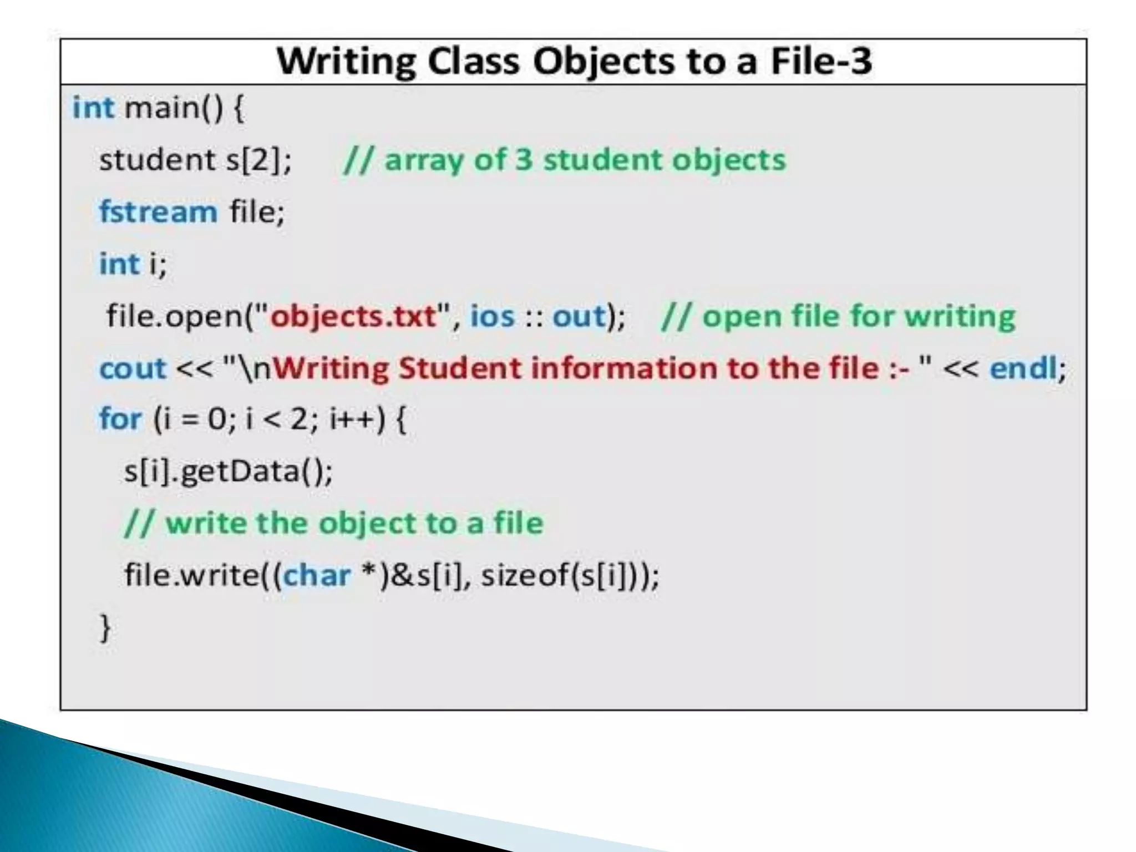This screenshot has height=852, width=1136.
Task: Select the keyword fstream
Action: pyautogui.click(x=158, y=212)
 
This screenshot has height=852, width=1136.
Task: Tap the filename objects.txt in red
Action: pyautogui.click(x=353, y=317)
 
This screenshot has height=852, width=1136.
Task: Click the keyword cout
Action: pyautogui.click(x=133, y=369)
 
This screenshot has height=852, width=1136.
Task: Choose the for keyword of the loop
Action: pyautogui.click(x=120, y=419)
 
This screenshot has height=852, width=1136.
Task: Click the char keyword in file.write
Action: pyautogui.click(x=317, y=575)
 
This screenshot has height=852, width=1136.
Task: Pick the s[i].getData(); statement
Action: pyautogui.click(x=228, y=471)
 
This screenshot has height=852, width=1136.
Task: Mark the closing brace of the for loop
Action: pyautogui.click(x=105, y=628)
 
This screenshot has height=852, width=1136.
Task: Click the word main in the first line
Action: pyautogui.click(x=161, y=108)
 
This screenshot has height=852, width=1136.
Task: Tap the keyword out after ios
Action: pyautogui.click(x=578, y=317)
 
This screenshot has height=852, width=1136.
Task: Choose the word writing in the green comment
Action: pyautogui.click(x=960, y=317)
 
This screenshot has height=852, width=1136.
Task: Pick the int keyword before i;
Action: pyautogui.click(x=119, y=264)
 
